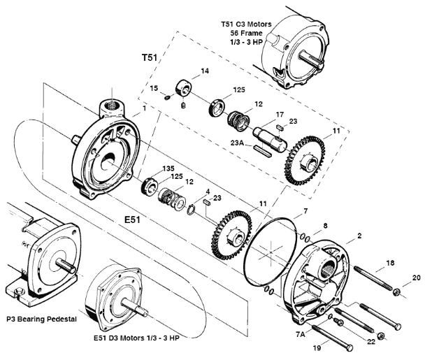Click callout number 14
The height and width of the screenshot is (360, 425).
[205, 71]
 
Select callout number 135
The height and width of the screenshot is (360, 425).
[168, 168]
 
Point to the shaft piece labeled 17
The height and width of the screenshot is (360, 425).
[269, 133]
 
